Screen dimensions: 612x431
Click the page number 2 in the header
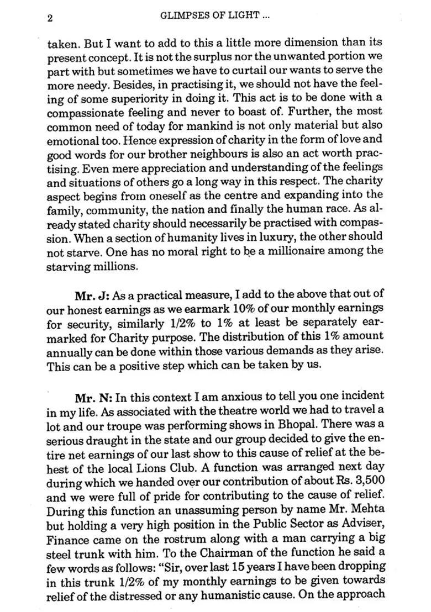coord(50,18)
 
